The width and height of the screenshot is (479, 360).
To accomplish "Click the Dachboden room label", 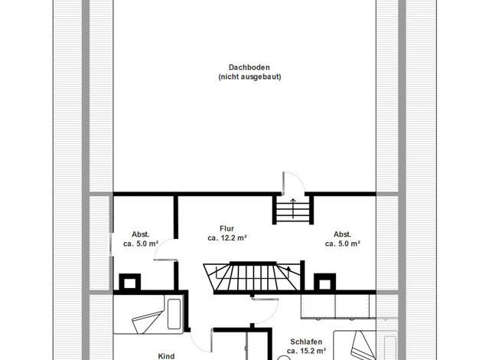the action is click(249, 67).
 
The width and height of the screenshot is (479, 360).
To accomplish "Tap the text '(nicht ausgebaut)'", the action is click(249, 77).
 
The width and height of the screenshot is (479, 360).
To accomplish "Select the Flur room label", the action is click(227, 228).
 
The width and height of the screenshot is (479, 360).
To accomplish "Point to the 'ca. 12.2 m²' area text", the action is click(227, 237).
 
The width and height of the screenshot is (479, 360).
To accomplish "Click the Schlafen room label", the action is click(306, 342).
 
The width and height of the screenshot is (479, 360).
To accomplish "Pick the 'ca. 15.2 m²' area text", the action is click(306, 351).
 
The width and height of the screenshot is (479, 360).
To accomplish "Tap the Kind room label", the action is click(167, 356).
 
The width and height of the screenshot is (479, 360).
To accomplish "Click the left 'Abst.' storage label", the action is click(141, 234).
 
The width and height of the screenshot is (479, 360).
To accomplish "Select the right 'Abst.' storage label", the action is click(343, 234).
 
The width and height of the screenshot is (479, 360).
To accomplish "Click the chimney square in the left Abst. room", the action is click(129, 283).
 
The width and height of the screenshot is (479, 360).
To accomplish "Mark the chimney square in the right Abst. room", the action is click(324, 283).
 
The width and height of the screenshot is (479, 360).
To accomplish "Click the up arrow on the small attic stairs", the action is click(293, 208).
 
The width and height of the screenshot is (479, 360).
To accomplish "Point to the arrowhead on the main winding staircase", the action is click(288, 269).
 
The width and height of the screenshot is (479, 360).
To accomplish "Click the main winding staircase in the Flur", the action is click(253, 277).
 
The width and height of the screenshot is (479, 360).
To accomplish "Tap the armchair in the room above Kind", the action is click(147, 322).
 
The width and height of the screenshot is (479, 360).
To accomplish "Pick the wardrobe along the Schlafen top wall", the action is click(338, 306).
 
